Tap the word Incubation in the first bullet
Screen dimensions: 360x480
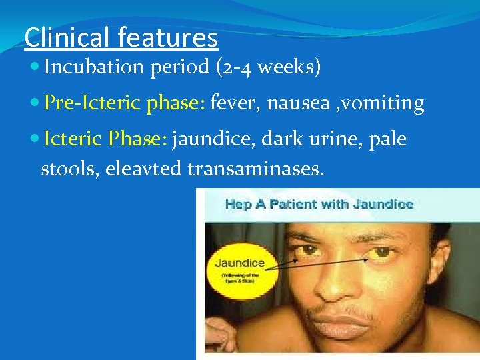pyautogui.click(x=93, y=67)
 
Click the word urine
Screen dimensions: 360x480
pyautogui.click(x=329, y=139)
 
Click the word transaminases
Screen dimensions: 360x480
pyautogui.click(x=256, y=169)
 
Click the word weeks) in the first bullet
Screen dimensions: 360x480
pyautogui.click(x=295, y=67)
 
